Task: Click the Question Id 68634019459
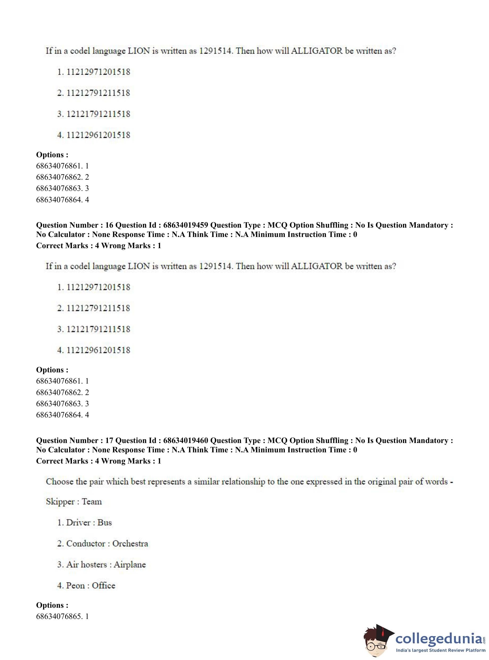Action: click(186, 225)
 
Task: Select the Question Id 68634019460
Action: click(186, 441)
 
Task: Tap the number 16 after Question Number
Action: click(109, 225)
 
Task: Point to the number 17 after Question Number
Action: click(109, 441)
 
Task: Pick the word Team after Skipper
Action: click(92, 501)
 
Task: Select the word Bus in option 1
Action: click(104, 522)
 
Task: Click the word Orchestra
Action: click(130, 544)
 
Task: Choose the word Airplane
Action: click(130, 565)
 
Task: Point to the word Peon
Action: click(75, 586)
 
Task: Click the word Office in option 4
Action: click(103, 586)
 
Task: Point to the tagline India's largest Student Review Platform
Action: click(441, 651)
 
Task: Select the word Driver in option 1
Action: click(78, 522)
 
